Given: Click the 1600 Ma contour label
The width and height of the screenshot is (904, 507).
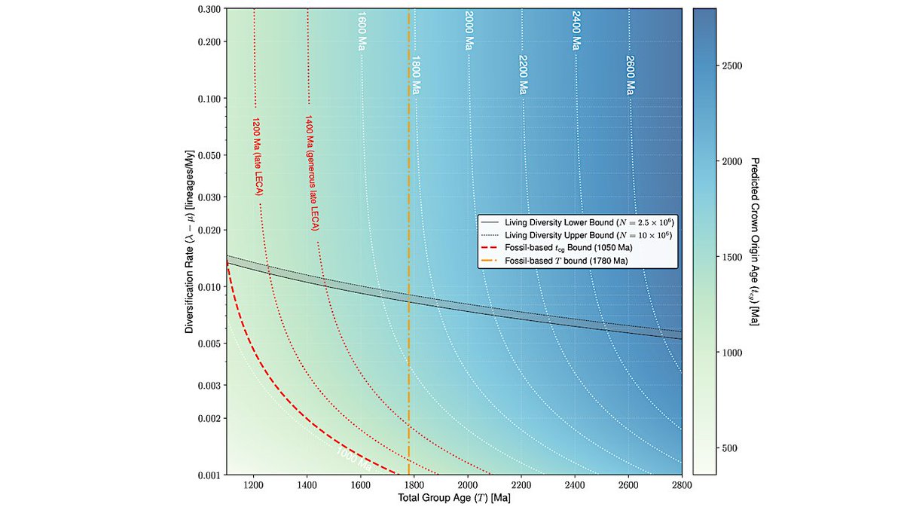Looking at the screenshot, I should click(362, 32).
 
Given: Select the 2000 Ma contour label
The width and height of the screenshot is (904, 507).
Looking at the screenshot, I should click(469, 32).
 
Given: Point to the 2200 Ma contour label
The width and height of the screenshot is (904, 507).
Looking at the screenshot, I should click(522, 75).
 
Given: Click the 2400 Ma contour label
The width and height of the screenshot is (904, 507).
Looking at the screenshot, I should click(576, 32).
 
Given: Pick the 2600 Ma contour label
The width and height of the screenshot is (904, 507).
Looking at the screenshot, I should click(630, 75).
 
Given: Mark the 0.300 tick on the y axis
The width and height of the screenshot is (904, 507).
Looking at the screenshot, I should click(208, 8).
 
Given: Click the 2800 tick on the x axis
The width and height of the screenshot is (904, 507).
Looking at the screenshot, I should click(682, 485).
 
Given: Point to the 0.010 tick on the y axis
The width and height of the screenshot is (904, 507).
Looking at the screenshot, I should click(208, 287).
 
